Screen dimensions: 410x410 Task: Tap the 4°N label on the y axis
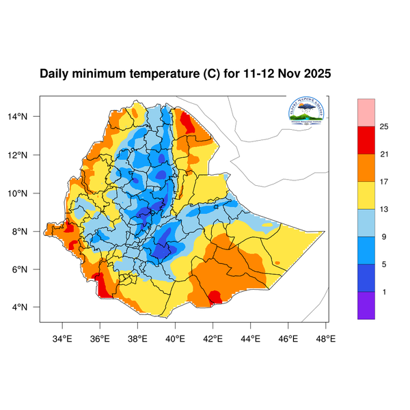point(27,307)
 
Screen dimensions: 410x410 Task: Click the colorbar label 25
point(384,126)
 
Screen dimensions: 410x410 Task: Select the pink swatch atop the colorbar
point(366,111)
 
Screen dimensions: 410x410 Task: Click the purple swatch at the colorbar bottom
point(366,305)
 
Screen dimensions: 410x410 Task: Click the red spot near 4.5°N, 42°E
point(215,297)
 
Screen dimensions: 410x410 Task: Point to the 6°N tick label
point(27,269)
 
